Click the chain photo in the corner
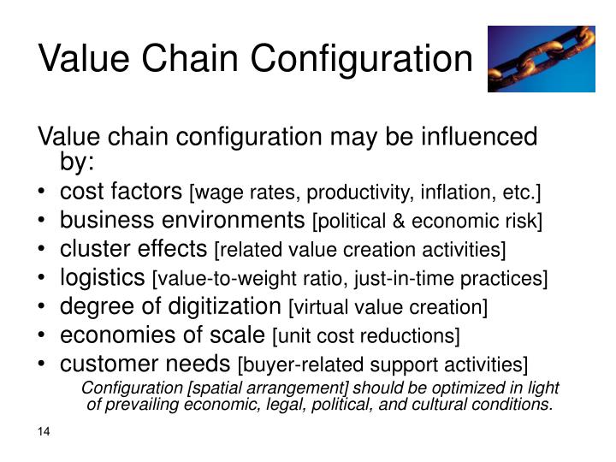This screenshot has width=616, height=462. [x=541, y=58]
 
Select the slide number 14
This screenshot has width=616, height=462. [x=44, y=431]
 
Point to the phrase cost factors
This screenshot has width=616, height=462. [x=121, y=190]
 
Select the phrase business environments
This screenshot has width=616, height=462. [x=176, y=220]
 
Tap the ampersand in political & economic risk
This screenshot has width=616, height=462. [x=394, y=222]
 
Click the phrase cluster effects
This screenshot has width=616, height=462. [x=133, y=248]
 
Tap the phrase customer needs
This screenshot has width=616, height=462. [x=145, y=363]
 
